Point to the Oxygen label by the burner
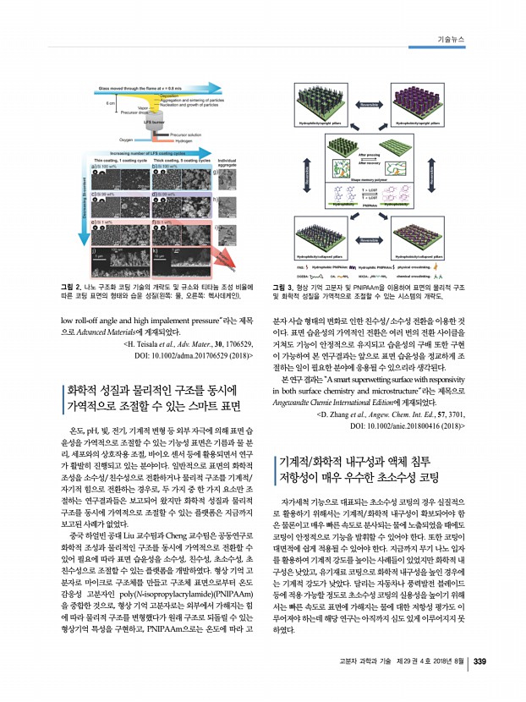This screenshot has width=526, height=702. (127, 139)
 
